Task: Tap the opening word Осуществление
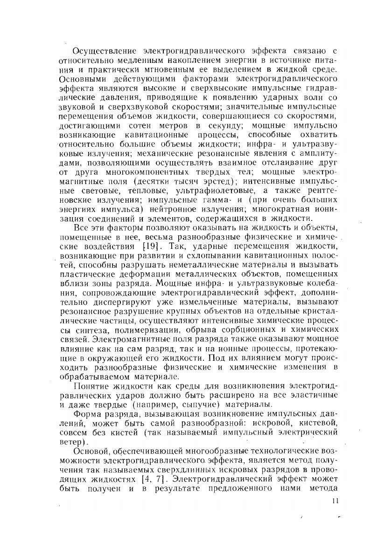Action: [x=102, y=50]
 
